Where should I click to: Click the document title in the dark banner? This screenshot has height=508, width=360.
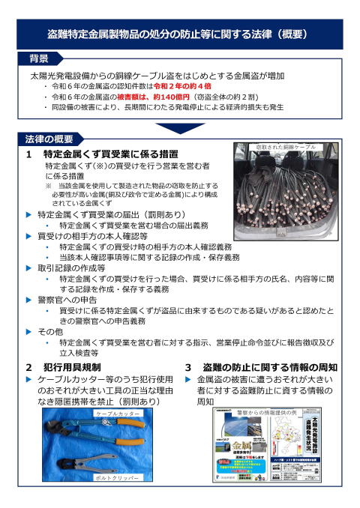(x=180, y=34)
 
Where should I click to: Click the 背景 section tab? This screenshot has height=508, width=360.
(x=39, y=58)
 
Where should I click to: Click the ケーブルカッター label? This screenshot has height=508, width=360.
(x=118, y=412)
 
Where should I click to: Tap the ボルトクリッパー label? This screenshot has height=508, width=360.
(x=118, y=477)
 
